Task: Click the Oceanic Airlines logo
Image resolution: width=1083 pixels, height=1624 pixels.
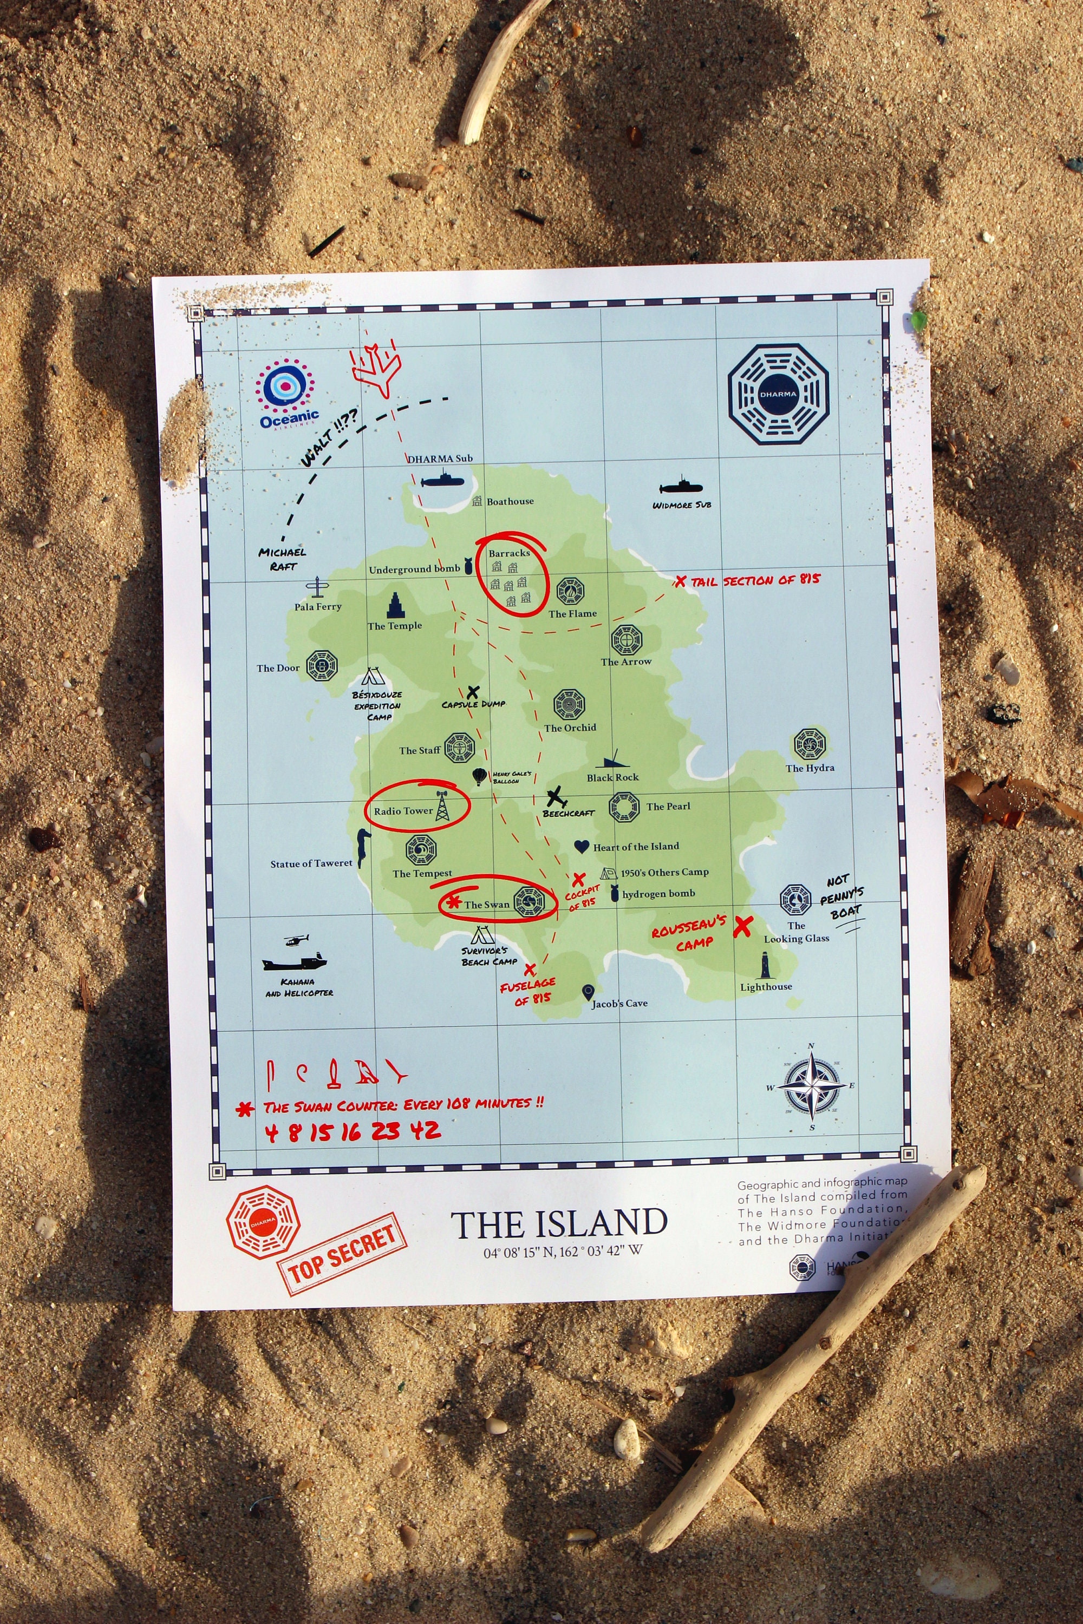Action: [x=288, y=393]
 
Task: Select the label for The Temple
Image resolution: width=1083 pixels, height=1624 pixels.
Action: [x=394, y=626]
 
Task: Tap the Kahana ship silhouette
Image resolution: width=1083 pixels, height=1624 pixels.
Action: [x=293, y=961]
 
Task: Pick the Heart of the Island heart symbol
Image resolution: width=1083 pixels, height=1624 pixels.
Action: [x=582, y=847]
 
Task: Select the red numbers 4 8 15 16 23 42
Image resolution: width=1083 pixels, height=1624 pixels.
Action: [x=353, y=1132]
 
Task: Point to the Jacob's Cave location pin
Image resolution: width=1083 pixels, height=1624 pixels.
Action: [x=588, y=993]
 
